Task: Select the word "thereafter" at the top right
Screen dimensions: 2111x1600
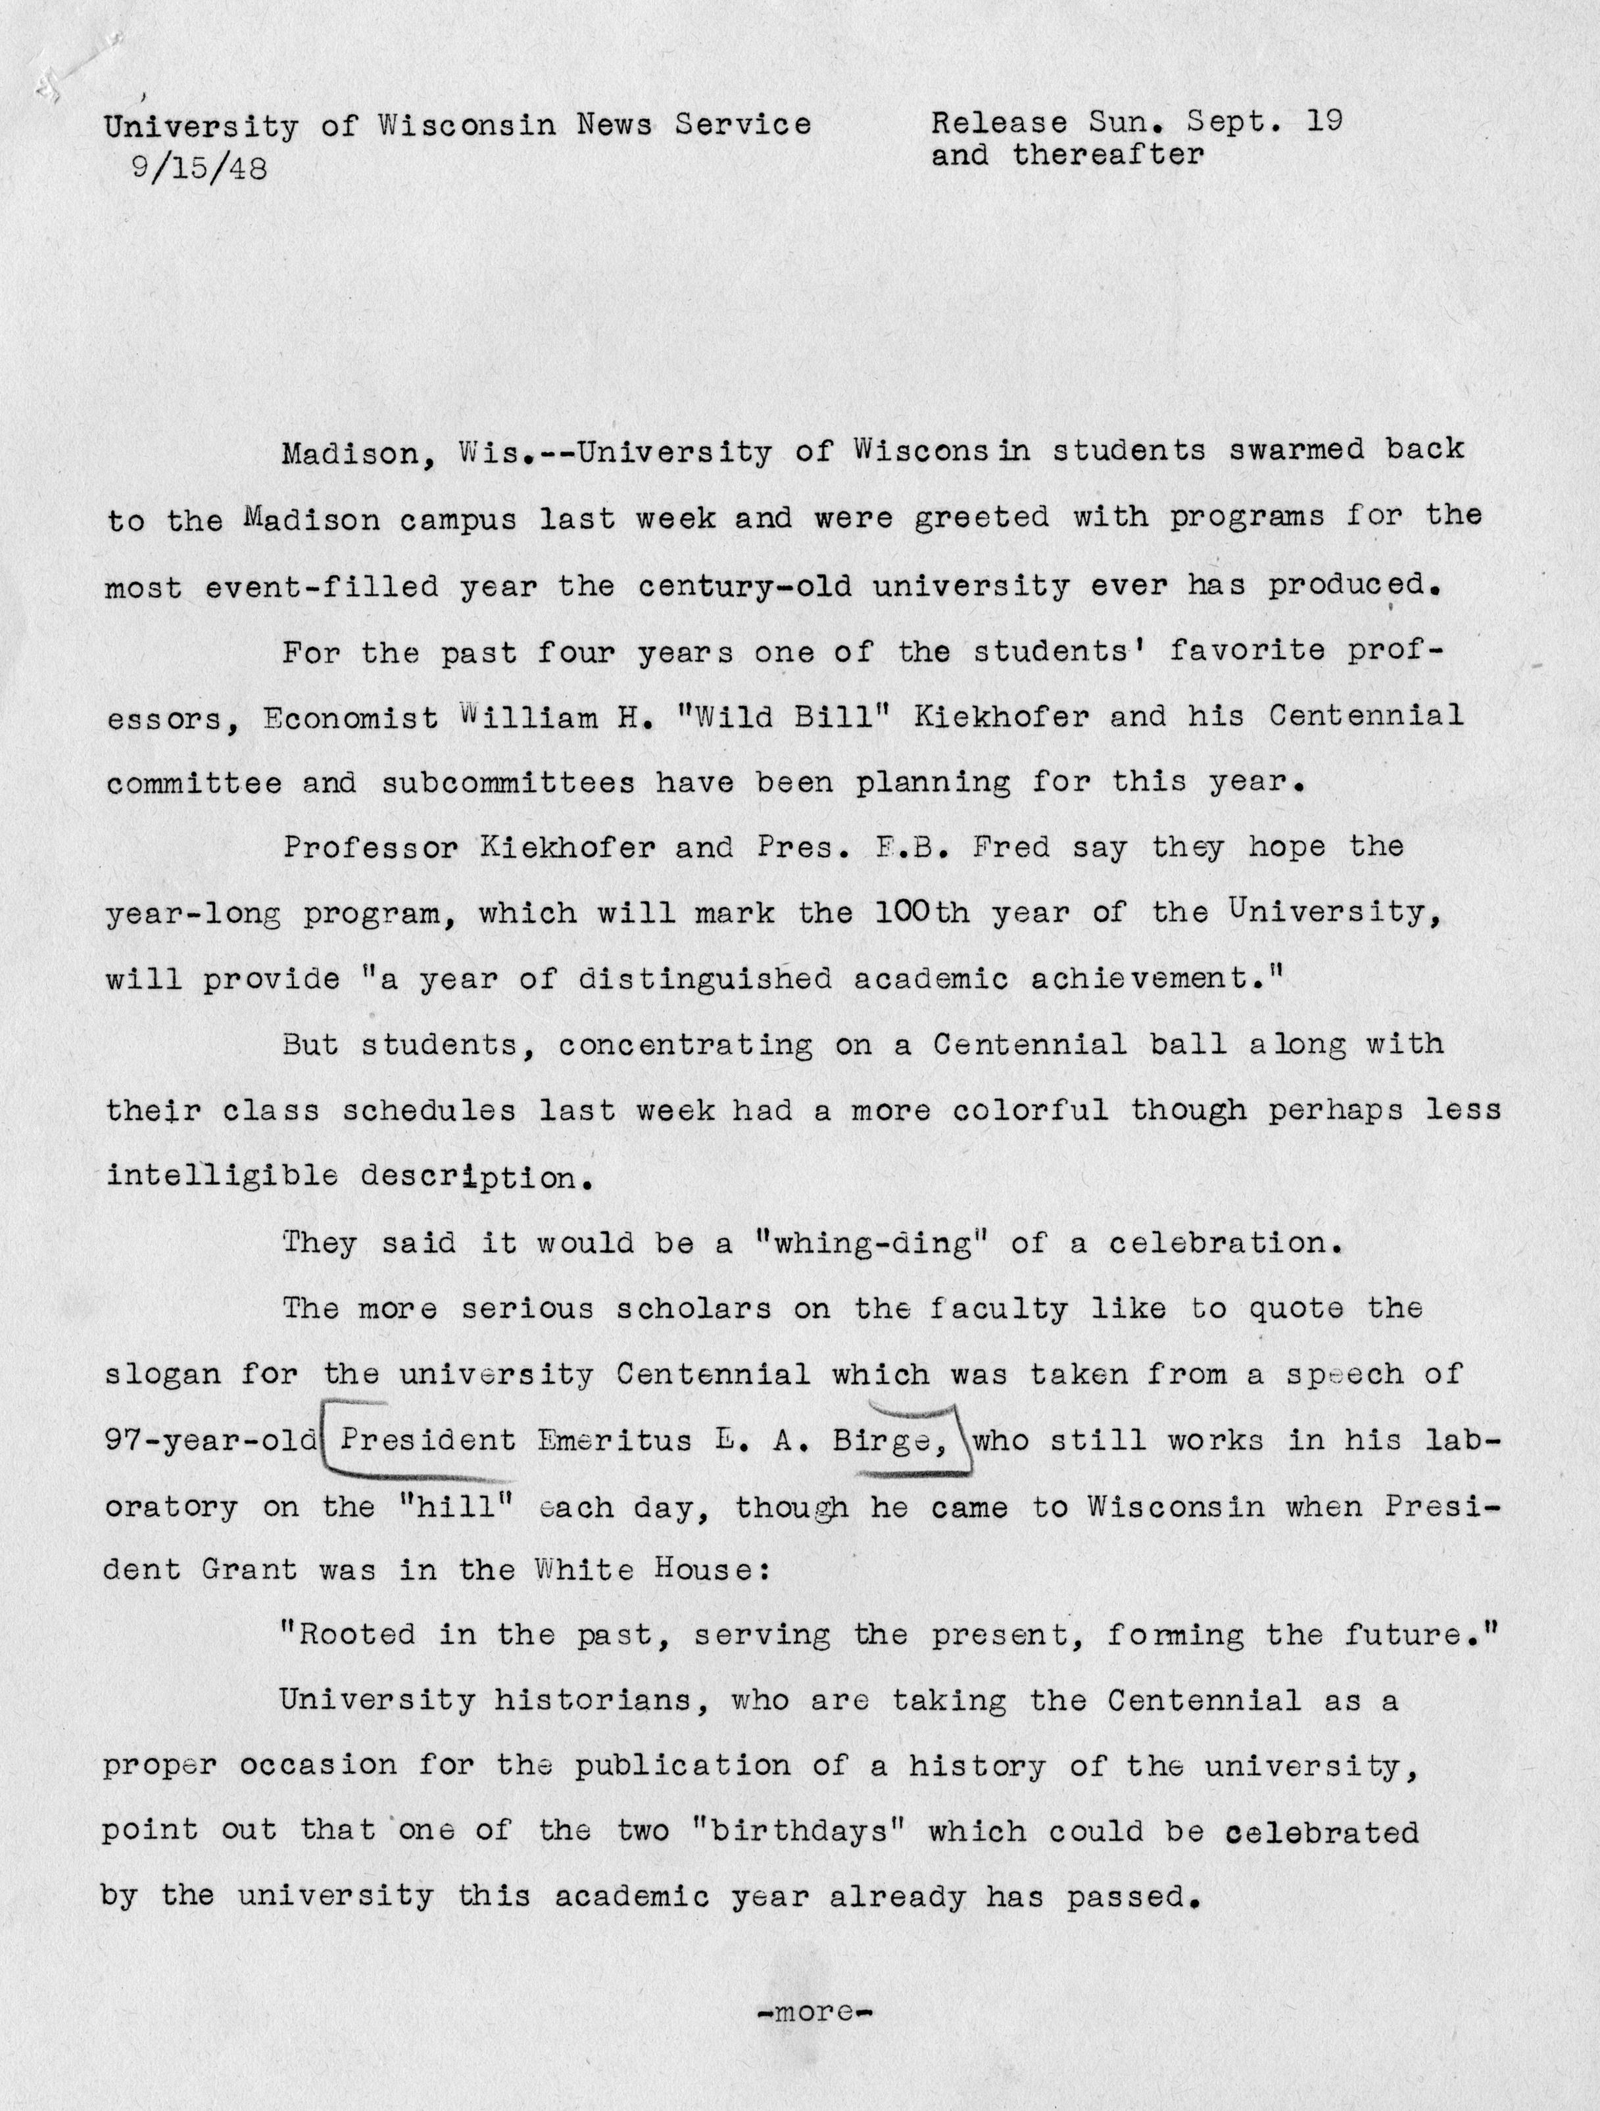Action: pyautogui.click(x=1108, y=154)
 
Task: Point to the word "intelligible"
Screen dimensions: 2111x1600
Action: pyautogui.click(x=222, y=1176)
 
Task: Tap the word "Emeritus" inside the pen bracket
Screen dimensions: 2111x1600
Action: pyautogui.click(x=615, y=1440)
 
